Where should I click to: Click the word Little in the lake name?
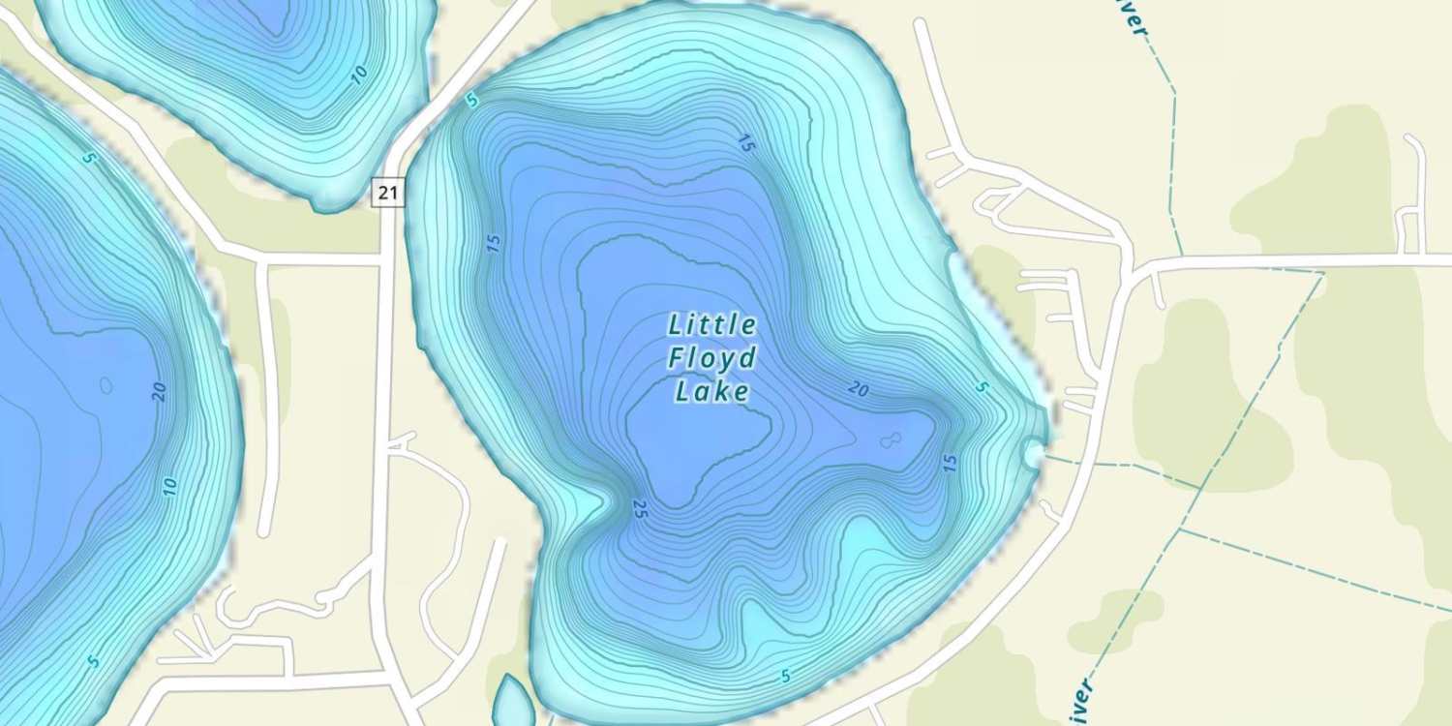(712, 325)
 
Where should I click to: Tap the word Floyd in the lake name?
(712, 359)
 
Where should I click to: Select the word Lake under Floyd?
(712, 392)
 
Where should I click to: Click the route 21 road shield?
(388, 193)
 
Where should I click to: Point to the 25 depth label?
(638, 509)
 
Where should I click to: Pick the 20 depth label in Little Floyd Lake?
(858, 390)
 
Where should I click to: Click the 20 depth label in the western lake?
(160, 392)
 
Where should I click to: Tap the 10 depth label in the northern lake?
(359, 76)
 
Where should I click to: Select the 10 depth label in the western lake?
(170, 487)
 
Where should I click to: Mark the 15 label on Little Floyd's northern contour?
(744, 144)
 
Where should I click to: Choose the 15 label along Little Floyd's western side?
(494, 243)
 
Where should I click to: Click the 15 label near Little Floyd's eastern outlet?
(950, 464)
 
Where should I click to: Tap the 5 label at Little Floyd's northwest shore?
(471, 101)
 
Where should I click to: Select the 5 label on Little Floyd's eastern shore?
(983, 388)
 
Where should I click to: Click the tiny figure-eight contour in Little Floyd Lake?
(890, 441)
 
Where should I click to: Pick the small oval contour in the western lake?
(106, 385)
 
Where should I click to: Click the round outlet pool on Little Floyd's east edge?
(1033, 451)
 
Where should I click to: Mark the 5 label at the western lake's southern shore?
(93, 662)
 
